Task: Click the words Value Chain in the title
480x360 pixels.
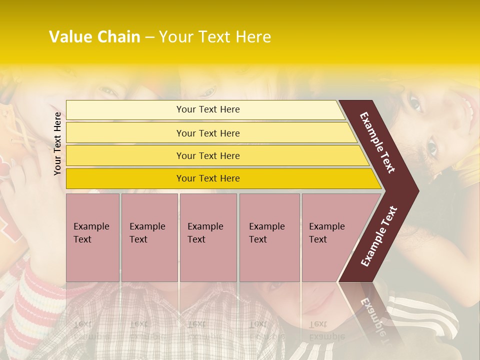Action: click(x=94, y=37)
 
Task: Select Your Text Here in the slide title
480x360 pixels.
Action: click(x=215, y=37)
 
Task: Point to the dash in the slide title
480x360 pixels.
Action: click(x=149, y=37)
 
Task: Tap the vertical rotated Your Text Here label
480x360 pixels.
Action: click(x=57, y=143)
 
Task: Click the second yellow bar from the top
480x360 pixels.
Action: click(x=207, y=133)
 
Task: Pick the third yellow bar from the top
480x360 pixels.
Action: click(x=207, y=155)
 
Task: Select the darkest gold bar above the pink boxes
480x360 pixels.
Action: click(x=207, y=178)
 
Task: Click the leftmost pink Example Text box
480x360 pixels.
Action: click(x=92, y=237)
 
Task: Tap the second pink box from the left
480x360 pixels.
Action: click(x=149, y=237)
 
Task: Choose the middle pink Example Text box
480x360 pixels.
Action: click(x=208, y=237)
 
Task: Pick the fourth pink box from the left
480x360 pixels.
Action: click(x=269, y=237)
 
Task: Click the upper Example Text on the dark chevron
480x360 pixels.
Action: click(x=377, y=142)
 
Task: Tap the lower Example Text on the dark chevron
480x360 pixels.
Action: click(x=379, y=236)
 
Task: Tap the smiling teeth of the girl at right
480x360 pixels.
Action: click(x=469, y=107)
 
